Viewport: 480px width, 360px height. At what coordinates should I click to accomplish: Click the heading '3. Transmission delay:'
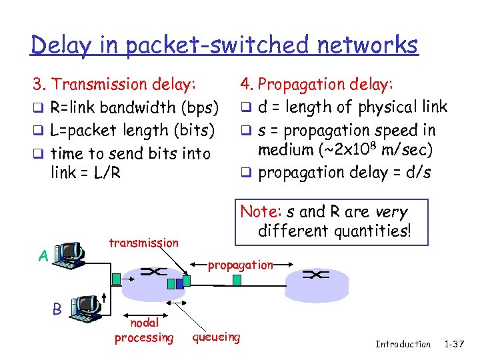(115, 85)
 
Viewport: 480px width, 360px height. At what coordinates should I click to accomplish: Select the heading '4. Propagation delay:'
(317, 85)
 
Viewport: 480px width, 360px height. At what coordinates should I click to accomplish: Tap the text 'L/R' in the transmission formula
(107, 173)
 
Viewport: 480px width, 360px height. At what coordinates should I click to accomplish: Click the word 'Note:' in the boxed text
(261, 212)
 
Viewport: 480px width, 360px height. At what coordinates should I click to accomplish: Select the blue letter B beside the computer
(57, 309)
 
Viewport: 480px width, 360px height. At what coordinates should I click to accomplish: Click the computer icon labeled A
(70, 255)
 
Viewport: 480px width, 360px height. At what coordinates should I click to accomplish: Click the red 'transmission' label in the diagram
(143, 243)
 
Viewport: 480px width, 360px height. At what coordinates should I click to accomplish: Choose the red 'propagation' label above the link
(240, 265)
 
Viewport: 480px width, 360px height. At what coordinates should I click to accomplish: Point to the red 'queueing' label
(216, 337)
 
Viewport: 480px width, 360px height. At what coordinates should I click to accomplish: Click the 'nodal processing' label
(143, 331)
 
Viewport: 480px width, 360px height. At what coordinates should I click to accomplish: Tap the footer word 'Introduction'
(403, 344)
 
